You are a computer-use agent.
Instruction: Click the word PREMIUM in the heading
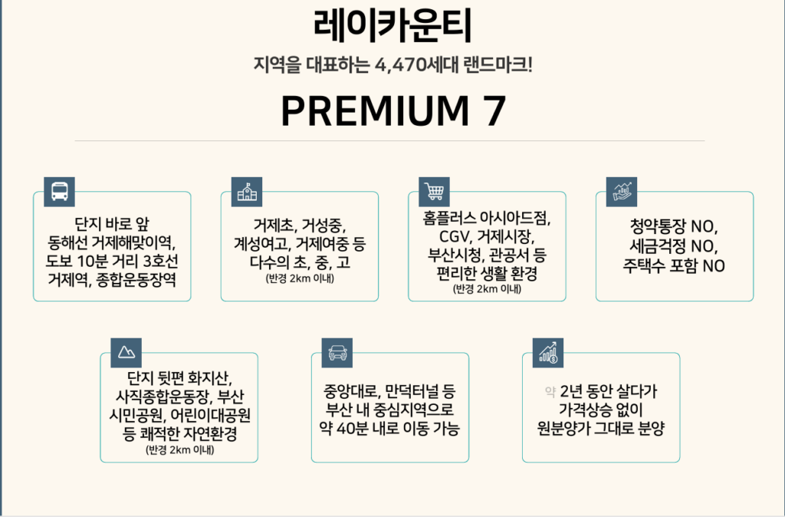pos(375,110)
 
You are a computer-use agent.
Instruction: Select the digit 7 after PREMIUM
pos(494,110)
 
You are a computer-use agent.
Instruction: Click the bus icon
pos(59,191)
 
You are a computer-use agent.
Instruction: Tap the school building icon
pos(247,191)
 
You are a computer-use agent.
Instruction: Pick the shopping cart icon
pos(434,191)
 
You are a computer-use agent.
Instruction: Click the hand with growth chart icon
pos(621,191)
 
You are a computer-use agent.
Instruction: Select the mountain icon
pos(126,353)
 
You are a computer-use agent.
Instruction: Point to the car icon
pos(337,353)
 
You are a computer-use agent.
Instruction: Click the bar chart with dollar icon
pos(547,353)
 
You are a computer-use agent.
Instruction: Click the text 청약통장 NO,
pos(674,226)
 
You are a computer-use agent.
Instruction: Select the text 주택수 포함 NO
pos(674,265)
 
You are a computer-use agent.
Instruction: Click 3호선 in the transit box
pos(161,261)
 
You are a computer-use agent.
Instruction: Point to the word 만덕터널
pos(412,390)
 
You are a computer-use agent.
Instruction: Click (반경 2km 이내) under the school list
pos(300,278)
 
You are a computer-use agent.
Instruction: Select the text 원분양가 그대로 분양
pos(601,428)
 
